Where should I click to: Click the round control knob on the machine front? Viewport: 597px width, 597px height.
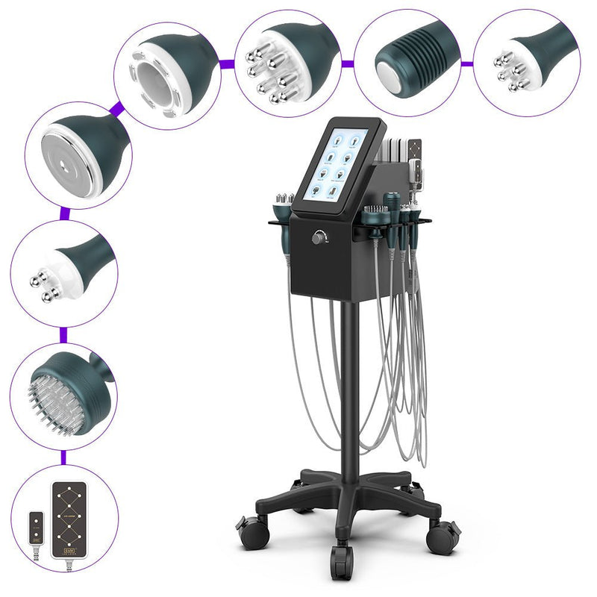tap(320, 238)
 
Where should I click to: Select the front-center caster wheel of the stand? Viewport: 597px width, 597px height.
tap(343, 554)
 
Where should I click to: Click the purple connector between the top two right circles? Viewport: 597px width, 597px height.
tap(466, 64)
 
